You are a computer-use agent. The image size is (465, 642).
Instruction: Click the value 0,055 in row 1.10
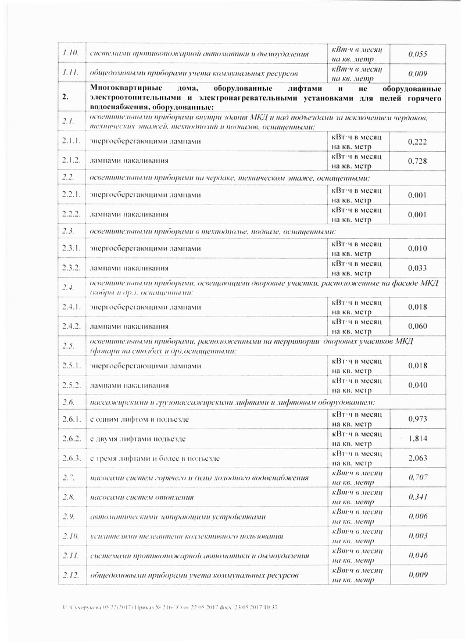418,54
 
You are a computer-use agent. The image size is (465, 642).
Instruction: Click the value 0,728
418,162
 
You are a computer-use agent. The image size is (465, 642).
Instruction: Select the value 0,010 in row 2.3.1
418,249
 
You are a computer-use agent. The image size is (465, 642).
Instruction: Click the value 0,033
418,268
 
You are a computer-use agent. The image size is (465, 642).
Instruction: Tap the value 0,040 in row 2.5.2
418,385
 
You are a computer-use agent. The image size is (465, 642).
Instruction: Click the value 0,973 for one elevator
418,419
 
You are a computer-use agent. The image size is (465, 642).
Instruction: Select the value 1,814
418,439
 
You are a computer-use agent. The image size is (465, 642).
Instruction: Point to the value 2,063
418,458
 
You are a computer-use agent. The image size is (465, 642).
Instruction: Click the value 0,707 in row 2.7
418,478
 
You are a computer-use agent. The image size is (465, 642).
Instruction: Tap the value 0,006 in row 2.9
418,517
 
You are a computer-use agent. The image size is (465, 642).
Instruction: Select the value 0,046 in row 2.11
418,555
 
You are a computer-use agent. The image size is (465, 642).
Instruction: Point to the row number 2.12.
70,575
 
